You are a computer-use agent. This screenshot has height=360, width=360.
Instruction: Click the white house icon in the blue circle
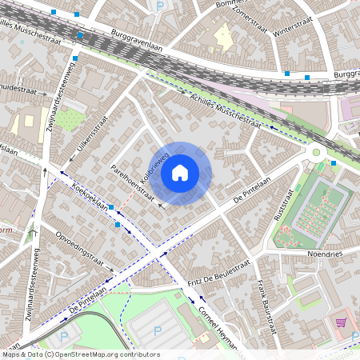[180, 172]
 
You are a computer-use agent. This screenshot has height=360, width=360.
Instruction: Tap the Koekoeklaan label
[90, 196]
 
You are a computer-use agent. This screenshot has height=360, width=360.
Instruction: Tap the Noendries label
[324, 254]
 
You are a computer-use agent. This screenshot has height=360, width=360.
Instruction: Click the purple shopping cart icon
[341, 322]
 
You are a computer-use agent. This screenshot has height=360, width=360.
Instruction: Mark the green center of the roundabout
[316, 152]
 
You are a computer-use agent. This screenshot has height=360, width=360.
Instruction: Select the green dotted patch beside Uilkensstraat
[69, 120]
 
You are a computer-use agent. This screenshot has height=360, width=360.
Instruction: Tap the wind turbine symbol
[33, 232]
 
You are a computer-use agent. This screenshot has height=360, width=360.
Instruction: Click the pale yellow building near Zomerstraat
[222, 34]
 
